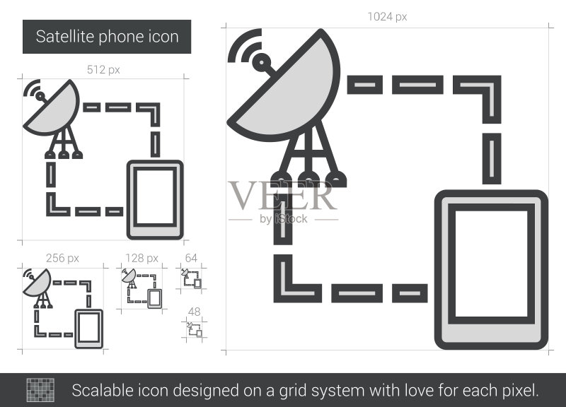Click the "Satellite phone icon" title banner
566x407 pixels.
pos(107,37)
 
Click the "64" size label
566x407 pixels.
pos(191,258)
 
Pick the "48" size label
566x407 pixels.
pos(194,312)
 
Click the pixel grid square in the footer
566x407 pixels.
pos(40,390)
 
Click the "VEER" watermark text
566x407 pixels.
pos(282,196)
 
